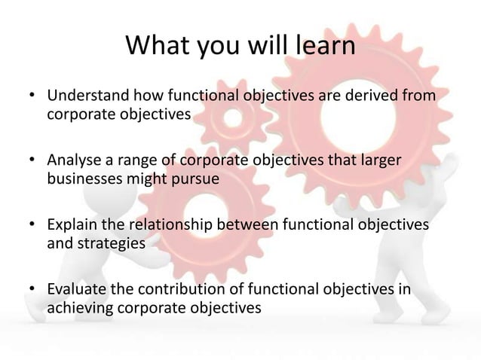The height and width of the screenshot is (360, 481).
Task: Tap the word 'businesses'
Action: pyautogui.click(x=83, y=179)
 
